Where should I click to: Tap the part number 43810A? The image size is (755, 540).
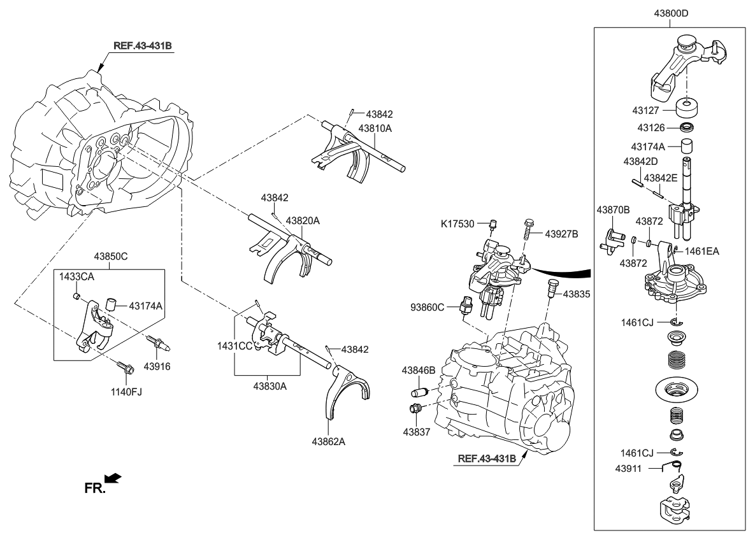(x=375, y=128)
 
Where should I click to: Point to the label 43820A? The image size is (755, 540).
(x=302, y=221)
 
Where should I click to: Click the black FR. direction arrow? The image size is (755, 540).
(x=113, y=478)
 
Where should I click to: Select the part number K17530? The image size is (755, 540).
(x=458, y=224)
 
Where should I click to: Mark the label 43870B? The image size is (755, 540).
(x=613, y=210)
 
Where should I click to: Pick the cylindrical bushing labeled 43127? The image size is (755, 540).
(x=687, y=108)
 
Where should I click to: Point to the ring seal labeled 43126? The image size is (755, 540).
(x=687, y=126)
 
